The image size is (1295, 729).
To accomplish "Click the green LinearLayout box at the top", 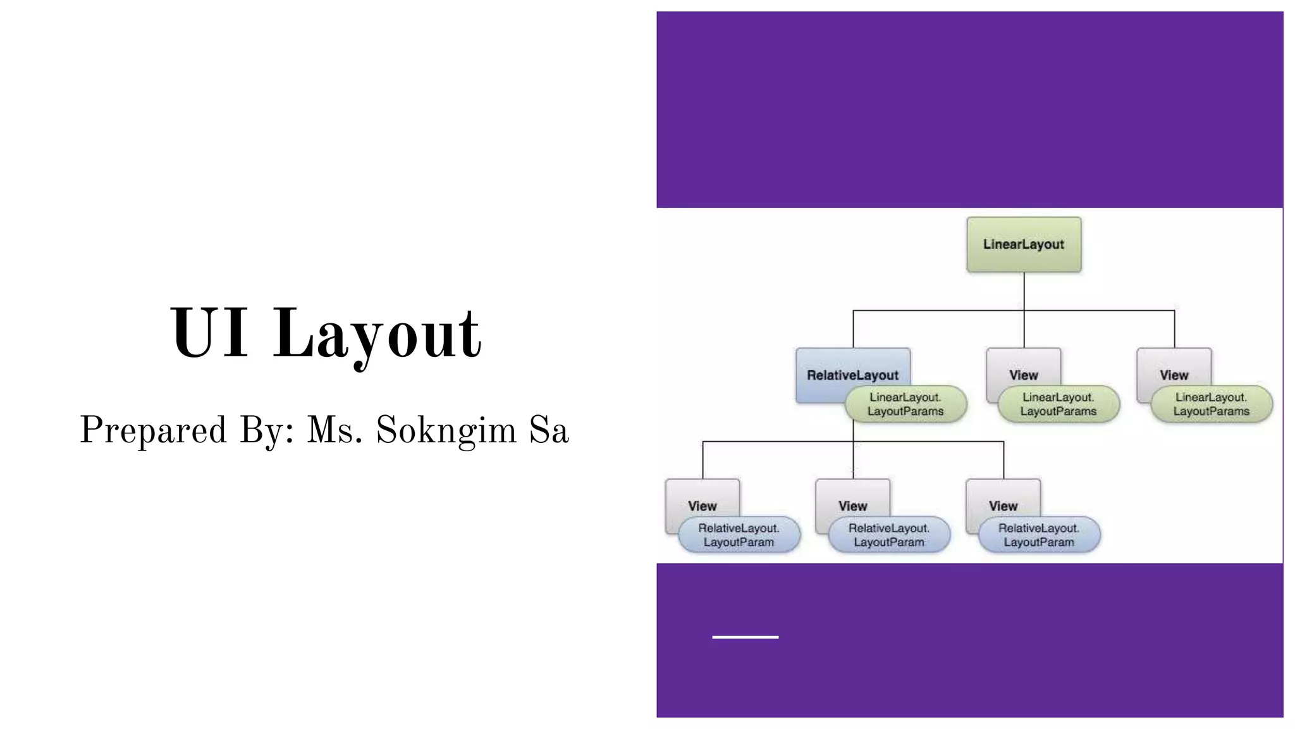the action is coord(1023,244).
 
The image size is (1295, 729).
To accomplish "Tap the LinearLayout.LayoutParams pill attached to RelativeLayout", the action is coord(905,404).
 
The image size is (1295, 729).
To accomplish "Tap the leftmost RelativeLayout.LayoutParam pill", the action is coord(739,535).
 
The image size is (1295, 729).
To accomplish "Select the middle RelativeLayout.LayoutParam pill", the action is coord(889,535).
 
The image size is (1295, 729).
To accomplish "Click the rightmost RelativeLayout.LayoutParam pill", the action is coord(1039,535).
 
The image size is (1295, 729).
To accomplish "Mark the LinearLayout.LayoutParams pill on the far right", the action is coord(1212,404).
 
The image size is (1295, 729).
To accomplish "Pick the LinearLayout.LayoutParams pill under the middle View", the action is coord(1059,404).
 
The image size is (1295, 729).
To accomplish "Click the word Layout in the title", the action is coord(377,334).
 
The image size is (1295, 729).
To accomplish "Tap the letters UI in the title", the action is coord(209,333).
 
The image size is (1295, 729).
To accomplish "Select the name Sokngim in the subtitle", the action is coord(446,431).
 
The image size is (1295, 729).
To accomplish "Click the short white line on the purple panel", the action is coord(745,637).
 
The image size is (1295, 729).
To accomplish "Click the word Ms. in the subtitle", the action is coord(334,431).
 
